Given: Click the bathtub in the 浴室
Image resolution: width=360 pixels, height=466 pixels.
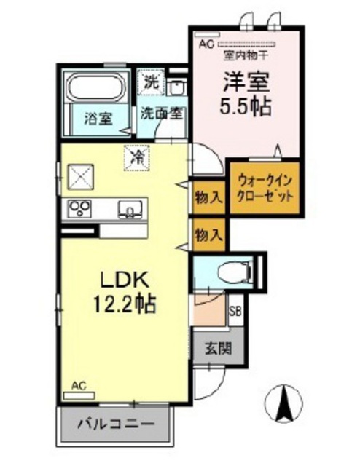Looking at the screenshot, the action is pos(96,87).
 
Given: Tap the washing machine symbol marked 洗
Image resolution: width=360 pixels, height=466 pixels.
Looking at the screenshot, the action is pos(151,82).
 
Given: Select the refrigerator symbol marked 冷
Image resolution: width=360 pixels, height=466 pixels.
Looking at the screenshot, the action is pos(136,158).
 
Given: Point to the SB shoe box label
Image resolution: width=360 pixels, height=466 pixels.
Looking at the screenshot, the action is pos(235,312).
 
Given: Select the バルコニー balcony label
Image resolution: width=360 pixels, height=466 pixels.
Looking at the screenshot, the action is pos(116,424).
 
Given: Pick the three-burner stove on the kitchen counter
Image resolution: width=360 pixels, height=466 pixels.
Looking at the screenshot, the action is pos(79,209).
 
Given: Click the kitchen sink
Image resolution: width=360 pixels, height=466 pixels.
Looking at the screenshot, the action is pos(130,210).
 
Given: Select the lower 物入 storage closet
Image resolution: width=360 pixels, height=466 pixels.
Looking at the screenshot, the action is pos(208,234).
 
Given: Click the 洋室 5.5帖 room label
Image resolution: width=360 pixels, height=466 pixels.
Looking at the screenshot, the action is pos(246,94).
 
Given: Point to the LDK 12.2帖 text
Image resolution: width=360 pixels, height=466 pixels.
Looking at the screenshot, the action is pos(125,292).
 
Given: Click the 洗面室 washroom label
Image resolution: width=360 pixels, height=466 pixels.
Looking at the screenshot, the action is pos(162,114).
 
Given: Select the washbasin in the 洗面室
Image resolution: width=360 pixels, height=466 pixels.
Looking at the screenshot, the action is pos(176,87).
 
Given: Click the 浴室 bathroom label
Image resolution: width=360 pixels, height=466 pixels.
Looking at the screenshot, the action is pos(98,119).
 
